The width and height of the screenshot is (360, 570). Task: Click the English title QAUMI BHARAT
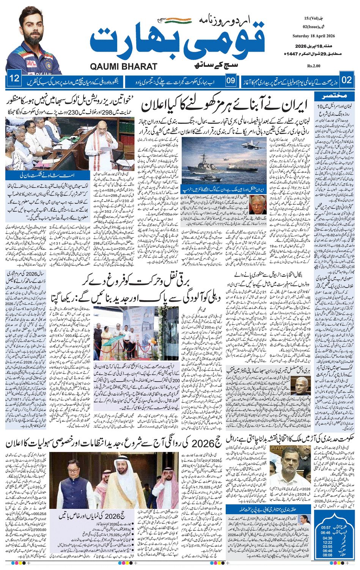point(124,67)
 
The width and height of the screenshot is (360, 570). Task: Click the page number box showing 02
point(347,80)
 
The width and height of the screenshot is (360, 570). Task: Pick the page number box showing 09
point(231,80)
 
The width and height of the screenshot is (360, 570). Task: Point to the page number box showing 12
point(14,79)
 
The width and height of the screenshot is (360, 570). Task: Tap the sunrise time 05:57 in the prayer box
point(326,527)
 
